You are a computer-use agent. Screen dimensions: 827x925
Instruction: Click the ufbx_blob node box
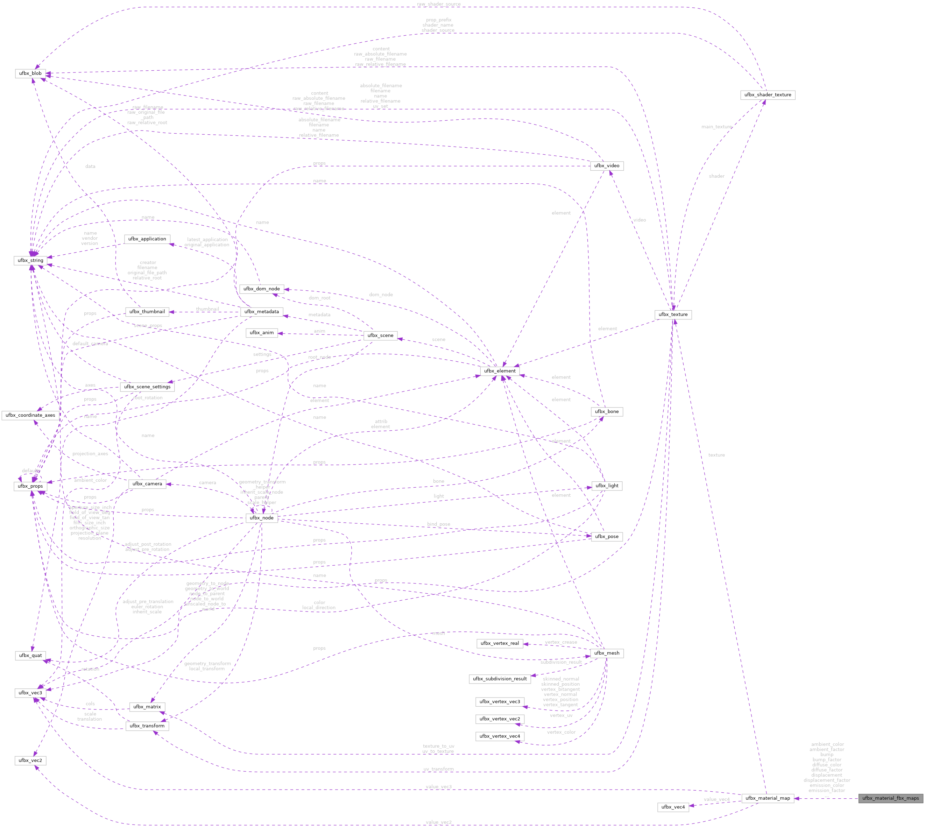(x=30, y=73)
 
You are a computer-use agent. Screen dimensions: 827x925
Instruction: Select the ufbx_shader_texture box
(x=767, y=95)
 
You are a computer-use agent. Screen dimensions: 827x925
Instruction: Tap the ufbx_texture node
(x=673, y=314)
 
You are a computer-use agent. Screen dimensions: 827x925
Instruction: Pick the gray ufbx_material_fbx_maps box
(x=890, y=798)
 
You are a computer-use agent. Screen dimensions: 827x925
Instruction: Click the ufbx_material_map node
(x=767, y=798)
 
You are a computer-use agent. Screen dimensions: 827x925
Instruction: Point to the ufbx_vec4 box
(x=673, y=807)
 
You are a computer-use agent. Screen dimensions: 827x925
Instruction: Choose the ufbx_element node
(x=499, y=371)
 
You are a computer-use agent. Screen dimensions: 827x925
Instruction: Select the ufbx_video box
(x=607, y=166)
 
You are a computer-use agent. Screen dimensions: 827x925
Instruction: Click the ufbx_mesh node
(x=607, y=653)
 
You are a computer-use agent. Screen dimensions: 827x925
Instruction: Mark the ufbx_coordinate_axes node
(x=30, y=415)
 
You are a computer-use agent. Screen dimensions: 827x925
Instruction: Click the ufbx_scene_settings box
(x=147, y=387)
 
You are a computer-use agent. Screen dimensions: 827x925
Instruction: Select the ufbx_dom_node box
(x=262, y=289)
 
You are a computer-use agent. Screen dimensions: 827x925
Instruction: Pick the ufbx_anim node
(x=262, y=333)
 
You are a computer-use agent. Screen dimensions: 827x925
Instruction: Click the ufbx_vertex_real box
(x=499, y=643)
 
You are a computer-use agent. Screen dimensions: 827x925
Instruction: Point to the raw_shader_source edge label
(x=438, y=4)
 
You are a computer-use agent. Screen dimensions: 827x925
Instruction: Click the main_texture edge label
(x=716, y=127)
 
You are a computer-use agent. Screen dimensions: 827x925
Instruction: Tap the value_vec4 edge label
(x=716, y=799)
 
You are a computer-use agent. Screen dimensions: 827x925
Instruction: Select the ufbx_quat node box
(x=30, y=655)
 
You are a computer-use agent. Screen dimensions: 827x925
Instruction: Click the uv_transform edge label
(x=438, y=769)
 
